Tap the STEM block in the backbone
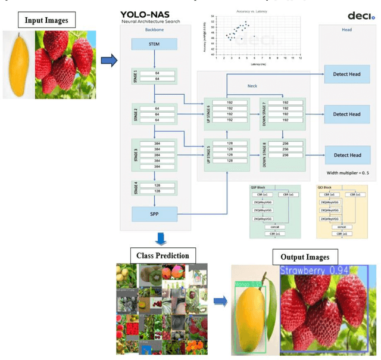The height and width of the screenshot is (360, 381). coord(154,44)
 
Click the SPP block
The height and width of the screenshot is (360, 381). coord(154,213)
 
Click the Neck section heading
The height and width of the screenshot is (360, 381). coord(252,85)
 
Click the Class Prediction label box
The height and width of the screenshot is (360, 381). coord(163,256)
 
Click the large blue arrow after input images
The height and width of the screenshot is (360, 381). coord(108,59)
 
